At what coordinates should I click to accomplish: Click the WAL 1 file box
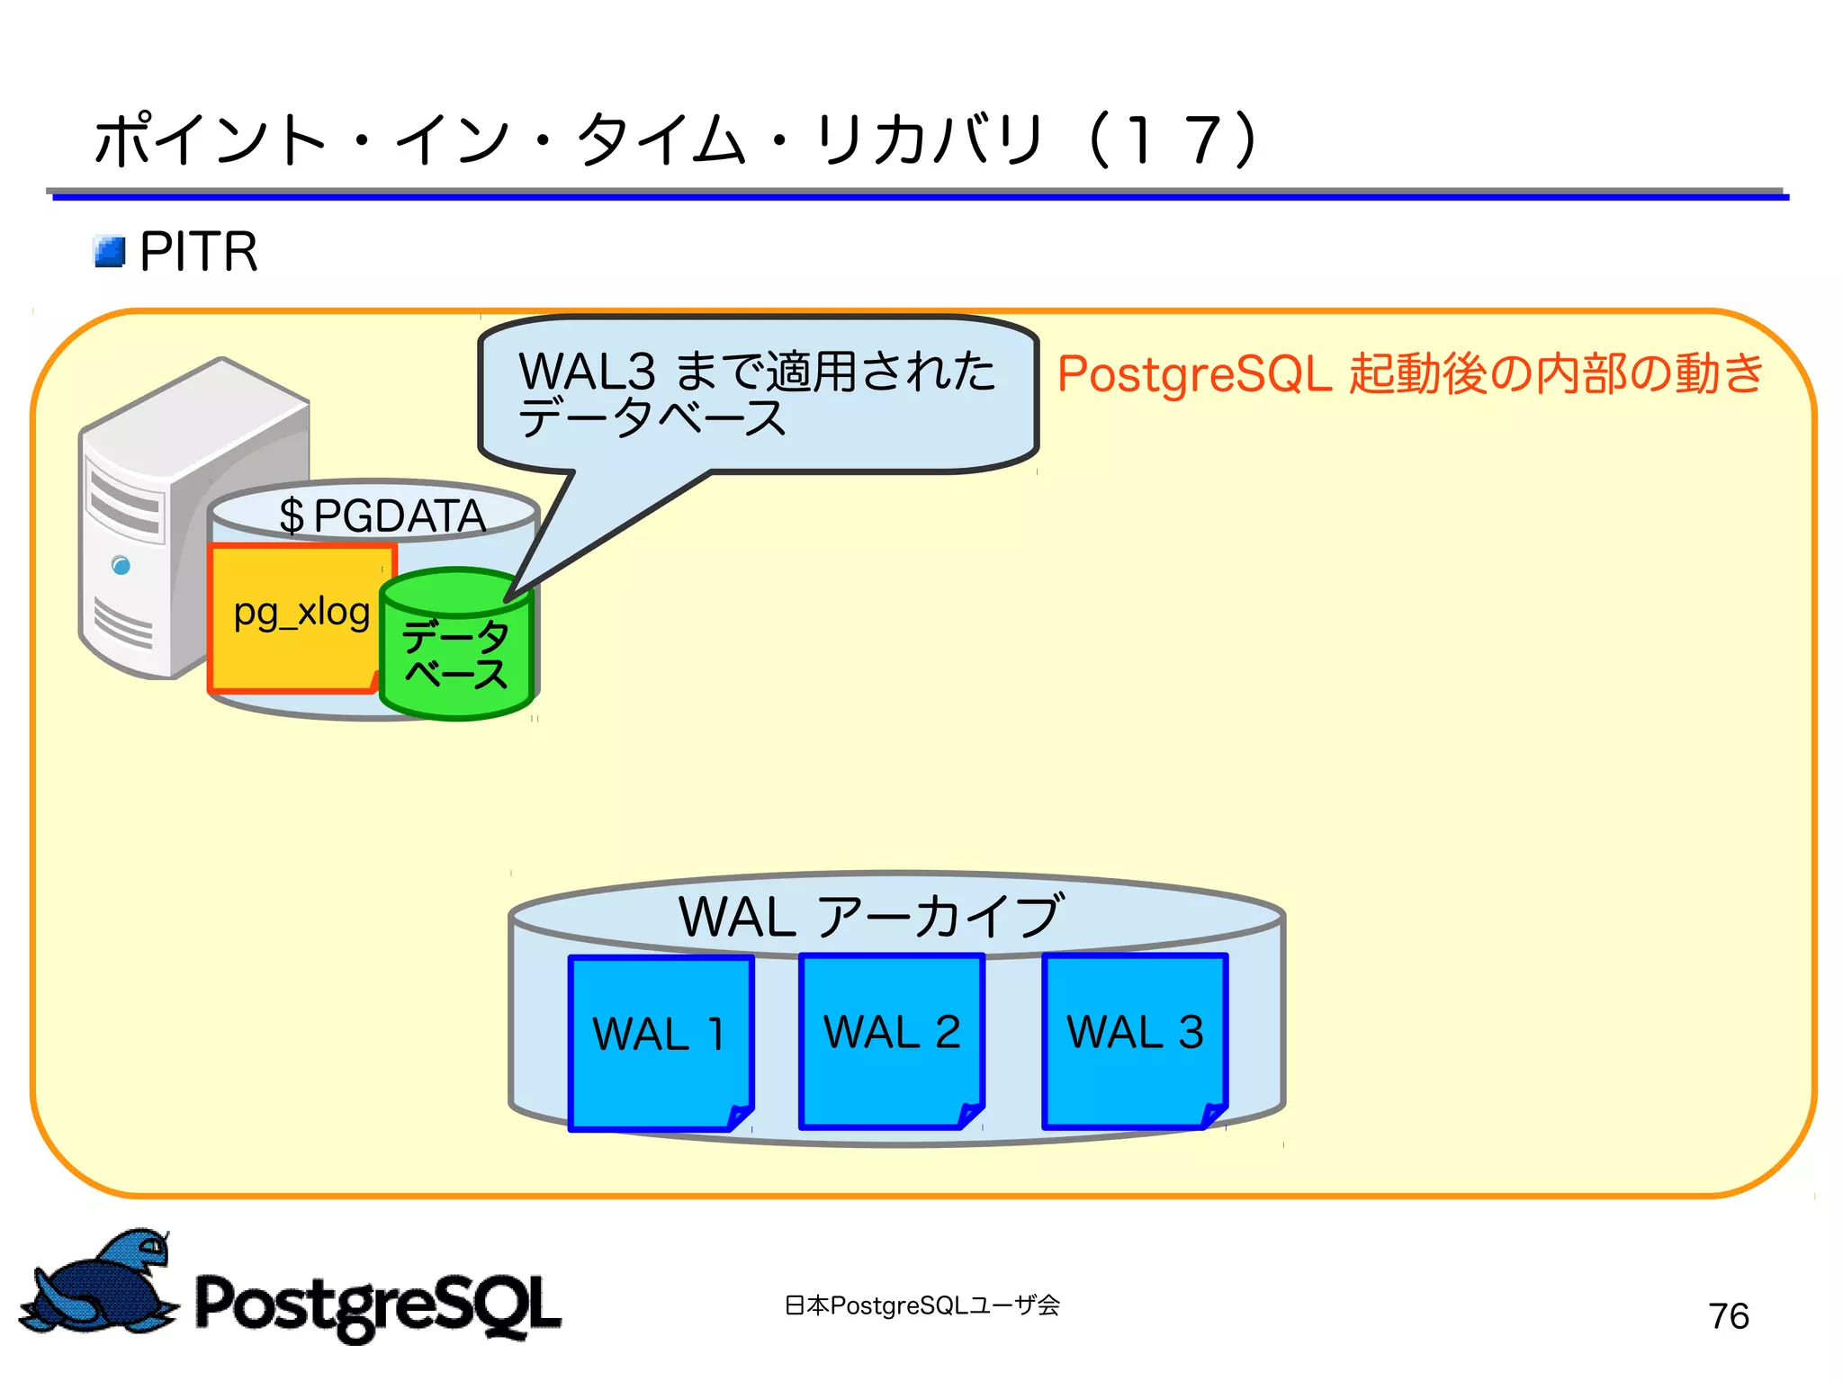661,1042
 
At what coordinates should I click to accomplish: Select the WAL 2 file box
891,1039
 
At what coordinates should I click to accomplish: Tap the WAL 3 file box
1134,1039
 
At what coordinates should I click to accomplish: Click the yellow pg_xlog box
300,616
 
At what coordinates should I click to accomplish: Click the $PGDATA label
382,516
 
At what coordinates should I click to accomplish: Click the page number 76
1728,1315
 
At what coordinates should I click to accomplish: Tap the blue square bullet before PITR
110,252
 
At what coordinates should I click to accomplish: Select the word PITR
199,251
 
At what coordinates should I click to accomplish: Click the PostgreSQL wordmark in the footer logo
378,1305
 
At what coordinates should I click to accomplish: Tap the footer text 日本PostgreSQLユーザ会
921,1305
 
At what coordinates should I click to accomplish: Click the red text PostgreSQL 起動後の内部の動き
1408,373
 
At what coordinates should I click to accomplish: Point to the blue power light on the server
121,565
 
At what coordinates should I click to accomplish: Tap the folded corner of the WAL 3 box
1214,1116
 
